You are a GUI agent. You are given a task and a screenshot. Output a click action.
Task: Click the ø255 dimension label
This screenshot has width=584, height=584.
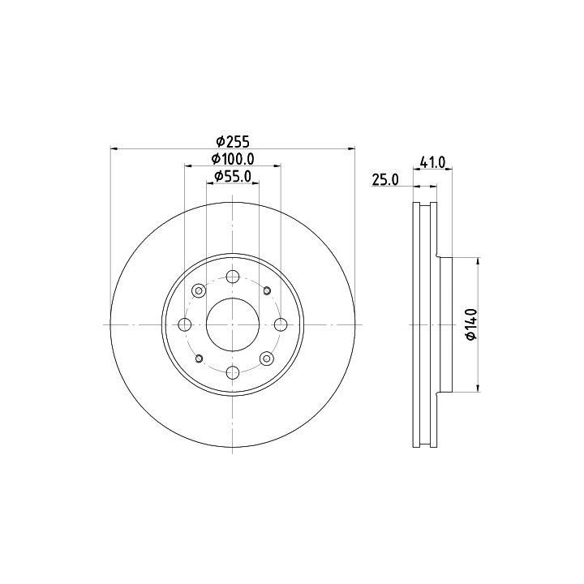(233, 141)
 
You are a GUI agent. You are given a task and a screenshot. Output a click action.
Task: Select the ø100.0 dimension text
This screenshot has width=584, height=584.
(233, 159)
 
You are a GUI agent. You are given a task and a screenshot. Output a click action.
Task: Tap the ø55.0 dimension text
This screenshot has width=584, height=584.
(233, 176)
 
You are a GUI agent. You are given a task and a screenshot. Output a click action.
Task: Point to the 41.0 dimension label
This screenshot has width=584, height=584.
(432, 162)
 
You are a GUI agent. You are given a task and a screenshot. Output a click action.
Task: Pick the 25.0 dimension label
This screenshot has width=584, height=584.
(385, 180)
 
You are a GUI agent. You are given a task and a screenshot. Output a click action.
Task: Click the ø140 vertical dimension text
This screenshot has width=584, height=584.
(471, 324)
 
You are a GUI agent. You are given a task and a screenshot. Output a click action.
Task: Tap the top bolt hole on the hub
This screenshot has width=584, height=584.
(233, 277)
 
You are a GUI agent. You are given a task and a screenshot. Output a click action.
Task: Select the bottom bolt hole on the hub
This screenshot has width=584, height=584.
(233, 372)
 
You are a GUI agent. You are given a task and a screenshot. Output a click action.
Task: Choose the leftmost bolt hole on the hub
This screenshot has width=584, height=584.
(185, 324)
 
